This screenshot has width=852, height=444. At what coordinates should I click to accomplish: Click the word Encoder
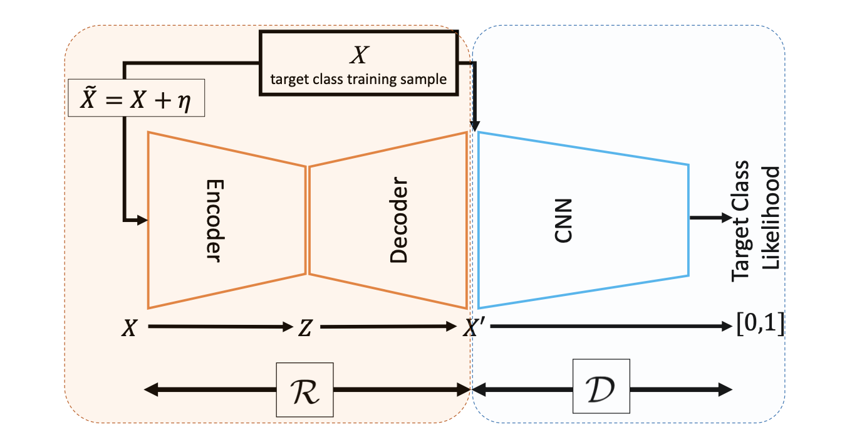click(215, 221)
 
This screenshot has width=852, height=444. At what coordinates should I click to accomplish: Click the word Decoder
click(398, 221)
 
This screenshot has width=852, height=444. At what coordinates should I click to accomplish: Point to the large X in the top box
click(358, 56)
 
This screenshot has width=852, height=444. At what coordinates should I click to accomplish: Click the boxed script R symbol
click(305, 389)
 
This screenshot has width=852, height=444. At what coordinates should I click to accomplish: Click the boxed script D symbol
click(602, 389)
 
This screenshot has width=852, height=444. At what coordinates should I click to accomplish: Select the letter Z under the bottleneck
click(304, 328)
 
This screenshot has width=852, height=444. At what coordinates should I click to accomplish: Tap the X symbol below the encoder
click(128, 328)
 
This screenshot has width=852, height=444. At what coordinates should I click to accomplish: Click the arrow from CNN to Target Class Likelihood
click(710, 218)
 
